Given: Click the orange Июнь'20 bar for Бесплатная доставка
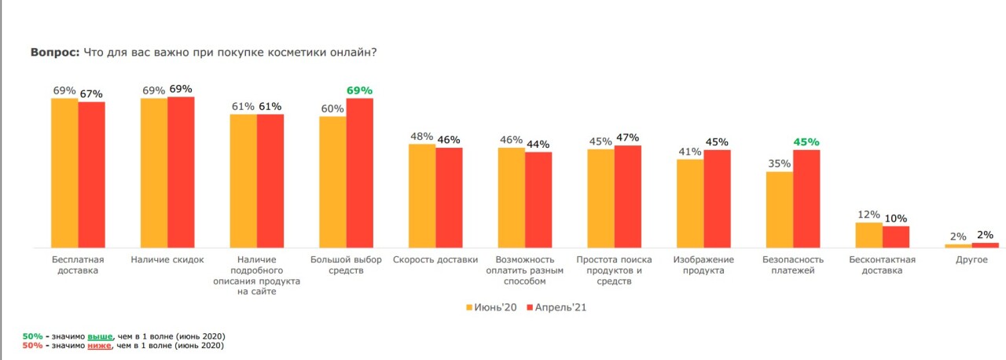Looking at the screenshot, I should pos(64,173).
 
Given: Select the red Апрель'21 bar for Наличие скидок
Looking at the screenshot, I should pos(181,172).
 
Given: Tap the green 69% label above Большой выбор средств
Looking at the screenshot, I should pos(359,90).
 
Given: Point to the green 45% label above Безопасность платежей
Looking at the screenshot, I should pos(806,142).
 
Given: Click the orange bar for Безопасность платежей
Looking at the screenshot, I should pos(779,209).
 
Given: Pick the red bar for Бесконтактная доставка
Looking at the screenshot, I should pos(895,237).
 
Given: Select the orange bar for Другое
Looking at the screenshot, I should pos(958,245).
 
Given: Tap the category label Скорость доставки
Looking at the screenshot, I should pos(435,259).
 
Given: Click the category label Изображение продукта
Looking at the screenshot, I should pos(703,265).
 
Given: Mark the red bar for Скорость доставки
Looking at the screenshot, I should pos(449,197).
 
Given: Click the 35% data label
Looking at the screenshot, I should pos(779,164).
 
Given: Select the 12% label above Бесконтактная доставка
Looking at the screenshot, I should pos(868,215).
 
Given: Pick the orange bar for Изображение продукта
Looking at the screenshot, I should pos(689,203).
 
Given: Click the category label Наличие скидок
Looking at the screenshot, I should pos(167,259).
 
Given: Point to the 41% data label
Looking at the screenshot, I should pos(689,152).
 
